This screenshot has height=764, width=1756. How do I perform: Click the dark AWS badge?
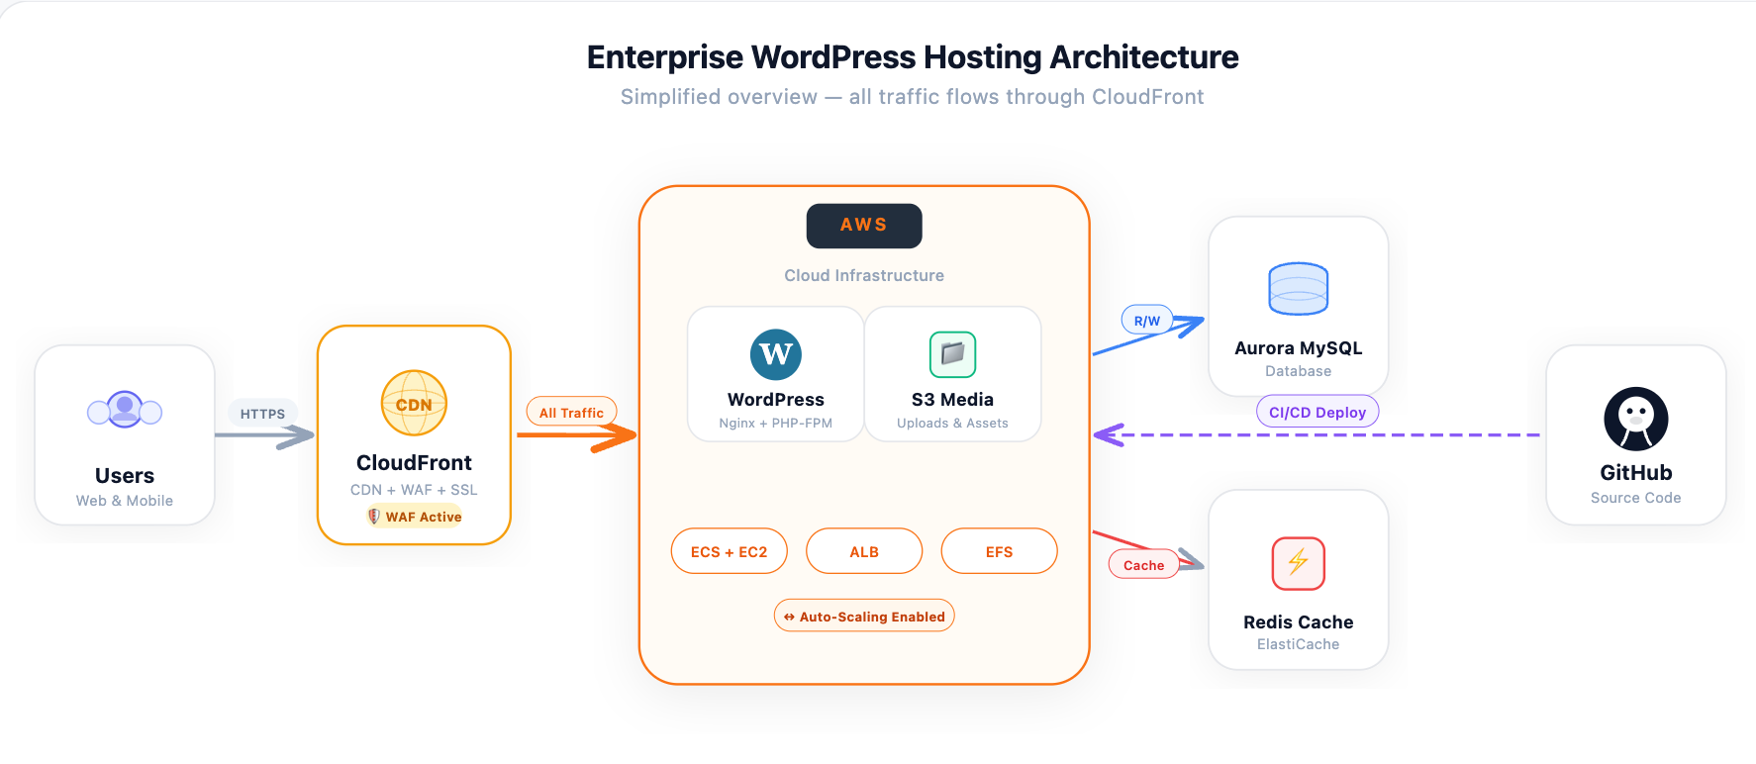click(863, 226)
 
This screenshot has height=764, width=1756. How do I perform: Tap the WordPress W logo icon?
click(775, 354)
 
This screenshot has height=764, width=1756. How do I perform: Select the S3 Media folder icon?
click(952, 354)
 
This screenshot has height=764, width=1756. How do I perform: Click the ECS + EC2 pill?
click(729, 551)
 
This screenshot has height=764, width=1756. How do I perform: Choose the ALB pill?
click(863, 551)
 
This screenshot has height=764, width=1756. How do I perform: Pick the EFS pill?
click(999, 551)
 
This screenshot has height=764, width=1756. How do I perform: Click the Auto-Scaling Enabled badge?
click(863, 616)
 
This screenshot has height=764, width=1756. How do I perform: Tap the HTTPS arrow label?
click(262, 414)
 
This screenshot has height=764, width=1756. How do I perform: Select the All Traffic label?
click(571, 413)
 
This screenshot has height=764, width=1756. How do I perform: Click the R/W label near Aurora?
click(1146, 321)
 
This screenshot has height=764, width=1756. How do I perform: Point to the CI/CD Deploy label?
click(1317, 412)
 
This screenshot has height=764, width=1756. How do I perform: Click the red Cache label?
click(1143, 565)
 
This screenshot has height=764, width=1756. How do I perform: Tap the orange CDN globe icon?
click(414, 403)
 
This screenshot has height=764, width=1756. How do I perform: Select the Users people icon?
click(125, 409)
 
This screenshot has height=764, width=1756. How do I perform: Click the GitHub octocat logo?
click(1635, 419)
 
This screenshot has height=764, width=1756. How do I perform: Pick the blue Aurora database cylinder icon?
click(1298, 289)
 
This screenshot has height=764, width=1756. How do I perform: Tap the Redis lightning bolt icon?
click(1298, 562)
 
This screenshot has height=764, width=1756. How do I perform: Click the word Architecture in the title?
click(1143, 57)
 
